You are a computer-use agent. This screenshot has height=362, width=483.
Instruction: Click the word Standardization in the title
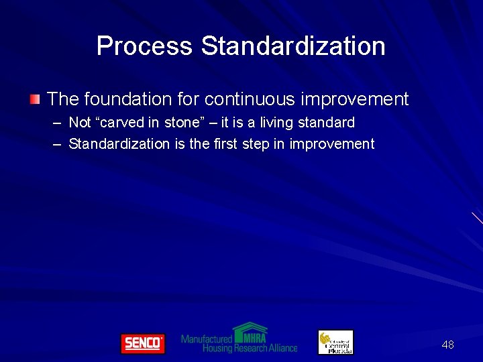293,46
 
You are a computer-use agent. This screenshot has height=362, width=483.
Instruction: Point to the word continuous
250,99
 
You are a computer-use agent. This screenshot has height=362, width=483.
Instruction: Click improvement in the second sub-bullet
331,143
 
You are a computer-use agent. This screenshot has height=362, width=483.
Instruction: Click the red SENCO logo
142,343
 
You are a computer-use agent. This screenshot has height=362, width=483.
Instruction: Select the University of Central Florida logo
335,343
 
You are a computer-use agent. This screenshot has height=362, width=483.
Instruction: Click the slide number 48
447,345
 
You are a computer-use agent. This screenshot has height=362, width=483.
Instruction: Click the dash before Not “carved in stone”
55,123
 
